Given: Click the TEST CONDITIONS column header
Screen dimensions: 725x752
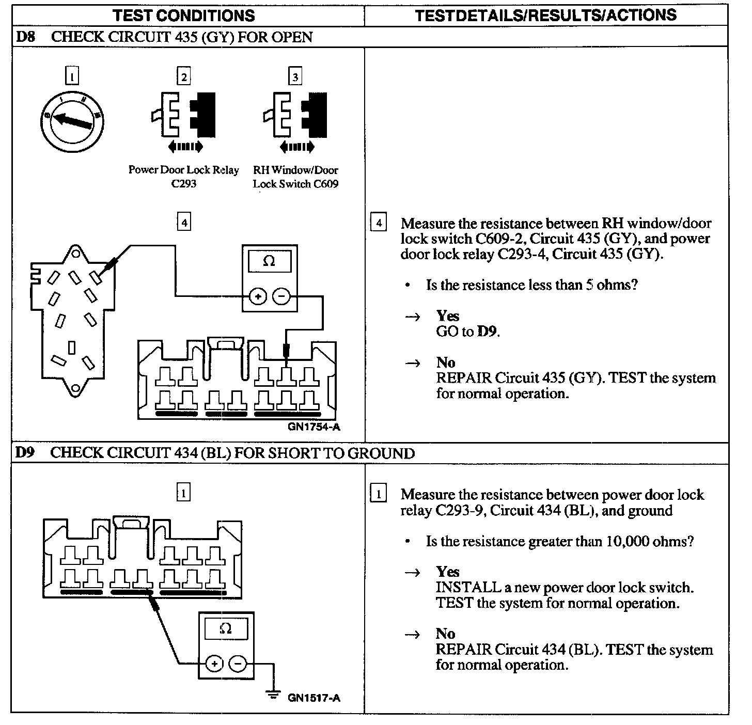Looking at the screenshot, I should coord(184,15).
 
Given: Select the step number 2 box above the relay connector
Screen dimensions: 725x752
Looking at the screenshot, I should coord(183,77).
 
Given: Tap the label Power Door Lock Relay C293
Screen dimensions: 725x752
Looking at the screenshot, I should coord(184,177).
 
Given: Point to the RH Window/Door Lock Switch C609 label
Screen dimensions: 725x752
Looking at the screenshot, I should coord(295,177).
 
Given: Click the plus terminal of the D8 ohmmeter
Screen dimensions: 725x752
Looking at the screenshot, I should coord(258,296).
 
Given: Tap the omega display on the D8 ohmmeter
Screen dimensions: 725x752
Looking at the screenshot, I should coord(269,262).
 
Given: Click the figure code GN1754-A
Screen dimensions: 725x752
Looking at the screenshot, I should coord(314,427).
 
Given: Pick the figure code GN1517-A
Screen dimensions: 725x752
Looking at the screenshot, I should coord(314,698).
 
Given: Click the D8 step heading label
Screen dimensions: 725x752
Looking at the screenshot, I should coord(25,37).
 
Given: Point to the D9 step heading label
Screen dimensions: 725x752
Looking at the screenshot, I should coord(25,453).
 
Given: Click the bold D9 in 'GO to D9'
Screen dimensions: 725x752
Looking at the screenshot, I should coord(488,332).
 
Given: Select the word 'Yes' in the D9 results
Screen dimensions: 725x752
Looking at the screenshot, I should coord(447,572).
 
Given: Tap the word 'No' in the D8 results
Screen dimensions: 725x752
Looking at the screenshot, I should coord(445,362).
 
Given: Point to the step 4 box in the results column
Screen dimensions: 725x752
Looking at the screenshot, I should coord(379,223).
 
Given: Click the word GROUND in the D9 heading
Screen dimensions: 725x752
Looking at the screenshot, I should coord(381,453).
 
